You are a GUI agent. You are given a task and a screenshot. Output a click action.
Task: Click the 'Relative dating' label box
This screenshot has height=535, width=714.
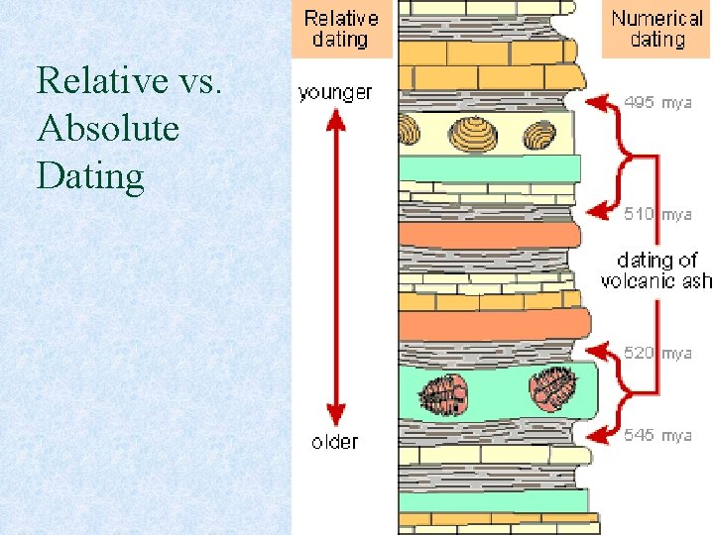341,29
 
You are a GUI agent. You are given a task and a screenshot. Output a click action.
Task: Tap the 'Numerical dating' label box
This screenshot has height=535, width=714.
657,29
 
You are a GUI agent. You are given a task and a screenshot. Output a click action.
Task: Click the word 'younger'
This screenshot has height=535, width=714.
335,92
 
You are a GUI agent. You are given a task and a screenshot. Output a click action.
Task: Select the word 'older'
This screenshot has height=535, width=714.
334,442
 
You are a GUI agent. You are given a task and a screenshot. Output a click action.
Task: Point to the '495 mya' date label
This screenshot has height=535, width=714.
657,102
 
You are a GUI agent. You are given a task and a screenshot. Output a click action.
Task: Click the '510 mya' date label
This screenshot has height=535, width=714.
657,213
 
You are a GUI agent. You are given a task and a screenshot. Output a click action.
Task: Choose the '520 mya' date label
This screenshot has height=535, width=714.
657,353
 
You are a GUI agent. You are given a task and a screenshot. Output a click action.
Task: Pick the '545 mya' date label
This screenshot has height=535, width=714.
657,435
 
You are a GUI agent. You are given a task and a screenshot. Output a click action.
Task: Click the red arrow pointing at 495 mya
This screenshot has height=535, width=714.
600,102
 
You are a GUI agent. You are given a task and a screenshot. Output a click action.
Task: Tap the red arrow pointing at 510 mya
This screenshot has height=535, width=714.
600,212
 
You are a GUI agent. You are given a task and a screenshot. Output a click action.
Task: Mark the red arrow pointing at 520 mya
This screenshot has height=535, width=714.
600,352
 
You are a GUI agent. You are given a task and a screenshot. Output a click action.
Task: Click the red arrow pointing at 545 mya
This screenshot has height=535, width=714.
600,434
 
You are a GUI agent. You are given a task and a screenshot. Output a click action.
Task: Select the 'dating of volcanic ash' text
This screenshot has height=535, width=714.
656,269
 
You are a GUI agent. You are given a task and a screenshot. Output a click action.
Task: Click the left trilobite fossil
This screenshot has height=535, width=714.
442,393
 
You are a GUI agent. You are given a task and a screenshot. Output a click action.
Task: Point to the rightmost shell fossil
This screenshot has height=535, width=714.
540,134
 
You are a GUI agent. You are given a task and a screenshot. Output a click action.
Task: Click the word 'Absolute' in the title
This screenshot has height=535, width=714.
107,128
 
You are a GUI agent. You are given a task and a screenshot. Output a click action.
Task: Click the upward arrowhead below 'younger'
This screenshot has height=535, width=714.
336,120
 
